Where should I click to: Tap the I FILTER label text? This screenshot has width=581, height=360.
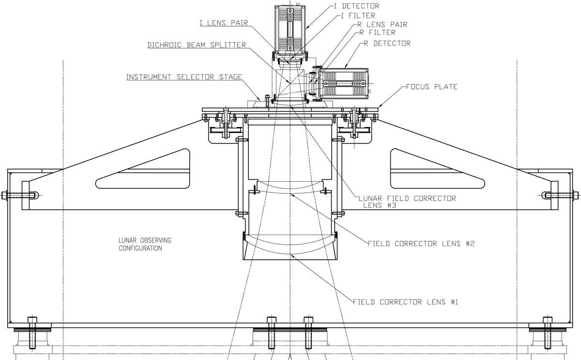[358, 16]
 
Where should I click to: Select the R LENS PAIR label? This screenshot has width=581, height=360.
[382, 25]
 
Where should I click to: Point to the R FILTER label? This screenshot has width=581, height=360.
[377, 32]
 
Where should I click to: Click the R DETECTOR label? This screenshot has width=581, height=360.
[387, 43]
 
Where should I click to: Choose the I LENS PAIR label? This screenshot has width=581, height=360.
[224, 23]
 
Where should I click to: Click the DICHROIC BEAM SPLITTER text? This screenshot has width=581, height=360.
[197, 45]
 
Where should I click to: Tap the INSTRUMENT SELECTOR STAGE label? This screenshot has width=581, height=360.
[184, 77]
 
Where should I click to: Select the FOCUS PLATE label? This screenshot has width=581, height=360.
[431, 87]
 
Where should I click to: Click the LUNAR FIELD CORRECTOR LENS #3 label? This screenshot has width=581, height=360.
[407, 202]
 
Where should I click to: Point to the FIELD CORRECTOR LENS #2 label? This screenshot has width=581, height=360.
[421, 244]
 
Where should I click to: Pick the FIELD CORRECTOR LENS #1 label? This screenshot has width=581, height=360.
[405, 302]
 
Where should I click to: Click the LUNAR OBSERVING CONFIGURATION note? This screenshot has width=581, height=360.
[145, 244]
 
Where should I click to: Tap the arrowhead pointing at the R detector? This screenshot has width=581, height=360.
[346, 66]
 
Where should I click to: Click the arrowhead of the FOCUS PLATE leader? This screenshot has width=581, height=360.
[380, 106]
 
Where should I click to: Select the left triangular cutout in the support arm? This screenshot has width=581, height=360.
[143, 169]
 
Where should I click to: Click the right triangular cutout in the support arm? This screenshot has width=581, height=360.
[438, 169]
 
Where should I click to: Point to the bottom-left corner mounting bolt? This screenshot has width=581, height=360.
[32, 333]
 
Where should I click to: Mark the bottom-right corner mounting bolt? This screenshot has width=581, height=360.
[548, 333]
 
